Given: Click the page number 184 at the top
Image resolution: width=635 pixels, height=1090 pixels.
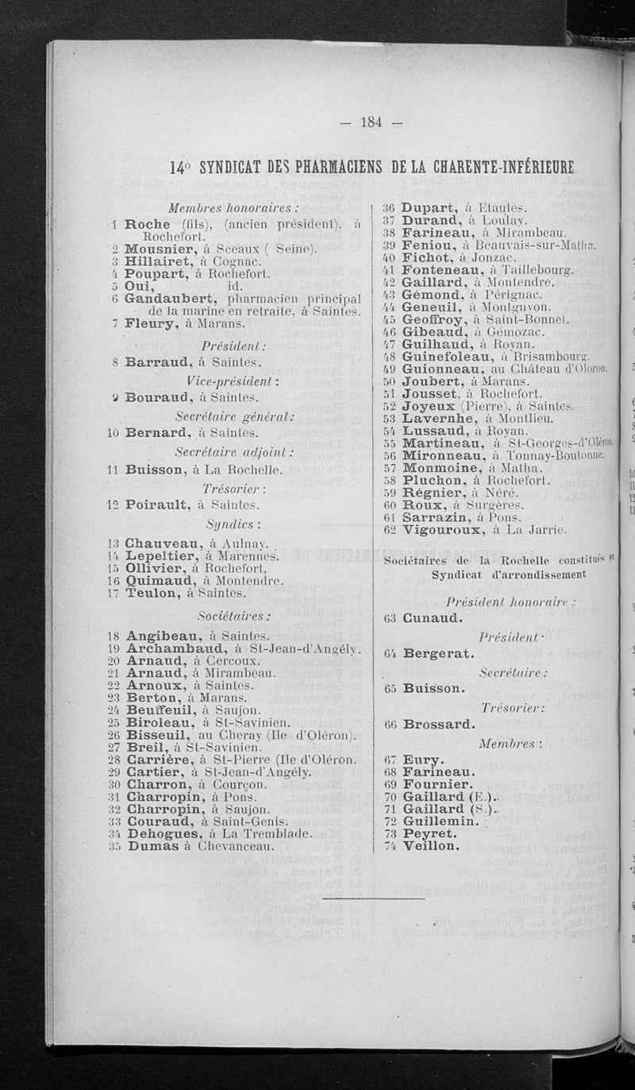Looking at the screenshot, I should point(371,122).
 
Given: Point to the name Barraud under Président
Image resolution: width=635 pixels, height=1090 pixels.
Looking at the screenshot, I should point(155,361).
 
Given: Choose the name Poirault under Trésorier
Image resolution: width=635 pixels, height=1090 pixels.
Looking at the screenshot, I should point(156,504).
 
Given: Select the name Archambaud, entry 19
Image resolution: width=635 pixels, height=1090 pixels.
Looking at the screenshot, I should point(173,648).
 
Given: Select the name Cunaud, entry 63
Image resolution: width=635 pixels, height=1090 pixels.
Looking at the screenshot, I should point(433,617).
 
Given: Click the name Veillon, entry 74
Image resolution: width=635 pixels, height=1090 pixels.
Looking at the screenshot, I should point(430,845).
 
